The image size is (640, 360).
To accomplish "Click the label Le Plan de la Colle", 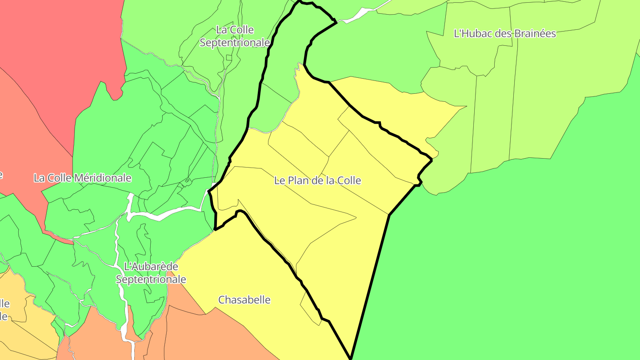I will point(317,180).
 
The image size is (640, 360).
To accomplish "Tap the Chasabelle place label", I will point(244,300).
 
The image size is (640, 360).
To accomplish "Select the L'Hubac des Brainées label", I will point(504,33).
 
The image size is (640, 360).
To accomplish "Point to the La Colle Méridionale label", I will point(83,178).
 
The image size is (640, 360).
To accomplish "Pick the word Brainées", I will point(535,33).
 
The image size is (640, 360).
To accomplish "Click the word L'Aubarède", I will point(151,267).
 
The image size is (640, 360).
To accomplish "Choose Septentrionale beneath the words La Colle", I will point(235,43).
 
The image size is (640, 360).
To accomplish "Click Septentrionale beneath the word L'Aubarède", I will point(151,280).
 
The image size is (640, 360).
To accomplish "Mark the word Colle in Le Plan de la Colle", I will point(349,180).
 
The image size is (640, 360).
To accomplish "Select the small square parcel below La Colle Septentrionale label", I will point(229,57).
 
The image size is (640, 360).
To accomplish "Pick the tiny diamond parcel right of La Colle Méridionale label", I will point(188,180).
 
